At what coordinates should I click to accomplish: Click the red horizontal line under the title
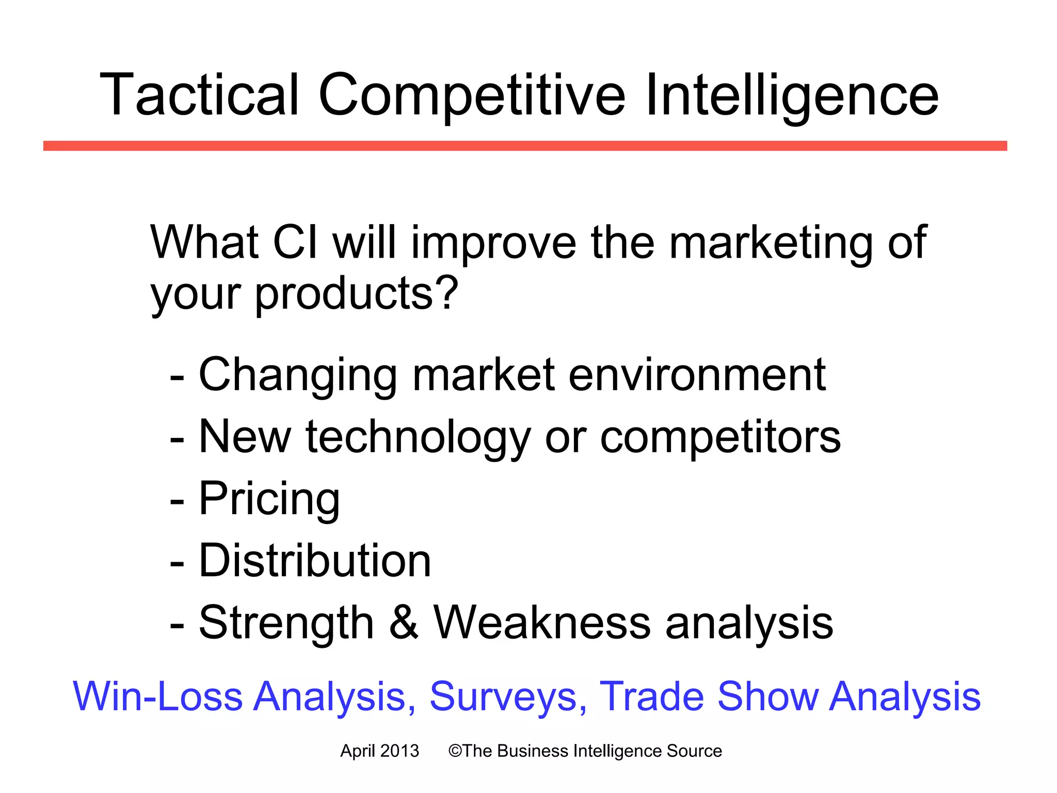pyautogui.click(x=525, y=146)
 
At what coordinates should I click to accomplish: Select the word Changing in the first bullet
pyautogui.click(x=298, y=375)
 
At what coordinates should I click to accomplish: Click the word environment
pyautogui.click(x=697, y=375)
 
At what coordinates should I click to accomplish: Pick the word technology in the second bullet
pyautogui.click(x=418, y=438)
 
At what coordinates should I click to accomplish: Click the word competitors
pyautogui.click(x=720, y=438)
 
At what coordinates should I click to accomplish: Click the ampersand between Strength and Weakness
pyautogui.click(x=404, y=623)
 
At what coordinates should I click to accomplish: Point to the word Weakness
pyautogui.click(x=542, y=623)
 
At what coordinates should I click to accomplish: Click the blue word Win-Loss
pyautogui.click(x=157, y=696)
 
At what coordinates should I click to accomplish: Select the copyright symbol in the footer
pyautogui.click(x=455, y=751)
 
